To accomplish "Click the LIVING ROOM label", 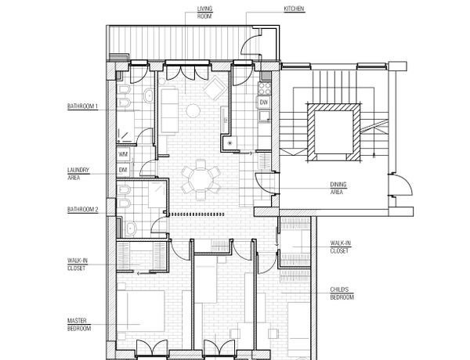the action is click(x=204, y=13).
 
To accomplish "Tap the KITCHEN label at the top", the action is click(x=294, y=9).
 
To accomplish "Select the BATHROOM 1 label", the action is click(x=83, y=106).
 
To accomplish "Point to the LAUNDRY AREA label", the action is click(x=78, y=174).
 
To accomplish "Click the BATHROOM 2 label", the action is click(x=83, y=210).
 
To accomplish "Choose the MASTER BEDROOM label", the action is click(x=79, y=325).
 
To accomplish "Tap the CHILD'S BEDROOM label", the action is click(x=342, y=293).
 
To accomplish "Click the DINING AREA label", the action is click(x=338, y=188).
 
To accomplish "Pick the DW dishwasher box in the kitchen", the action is click(x=264, y=103).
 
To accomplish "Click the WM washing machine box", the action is click(x=124, y=154).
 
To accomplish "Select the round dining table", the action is click(x=201, y=180).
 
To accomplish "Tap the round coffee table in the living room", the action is click(x=193, y=111).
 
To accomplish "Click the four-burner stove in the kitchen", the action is click(x=265, y=88).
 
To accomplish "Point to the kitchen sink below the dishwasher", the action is click(x=265, y=116).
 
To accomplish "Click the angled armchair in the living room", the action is click(x=215, y=88).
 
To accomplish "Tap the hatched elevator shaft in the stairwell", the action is click(x=334, y=132).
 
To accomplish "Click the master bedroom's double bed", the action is click(x=140, y=311).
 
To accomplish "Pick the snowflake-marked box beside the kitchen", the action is click(x=230, y=143).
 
